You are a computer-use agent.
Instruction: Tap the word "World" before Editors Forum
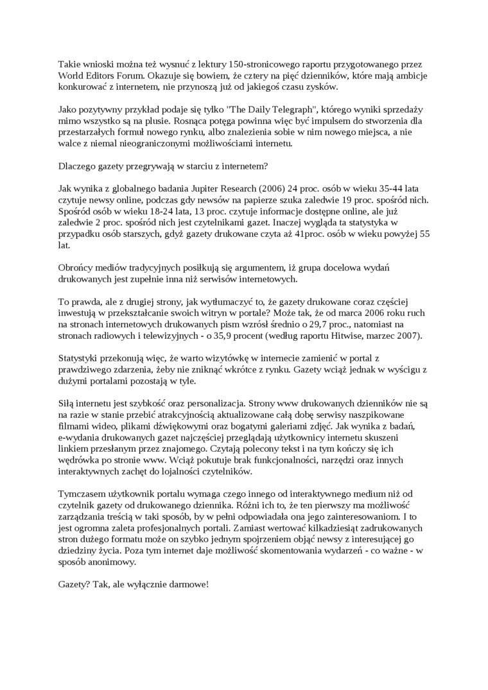pos(72,76)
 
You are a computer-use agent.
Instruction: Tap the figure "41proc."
pos(312,234)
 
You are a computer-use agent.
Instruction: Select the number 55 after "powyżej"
pos(424,234)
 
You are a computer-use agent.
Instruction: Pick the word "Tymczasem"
pos(82,494)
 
